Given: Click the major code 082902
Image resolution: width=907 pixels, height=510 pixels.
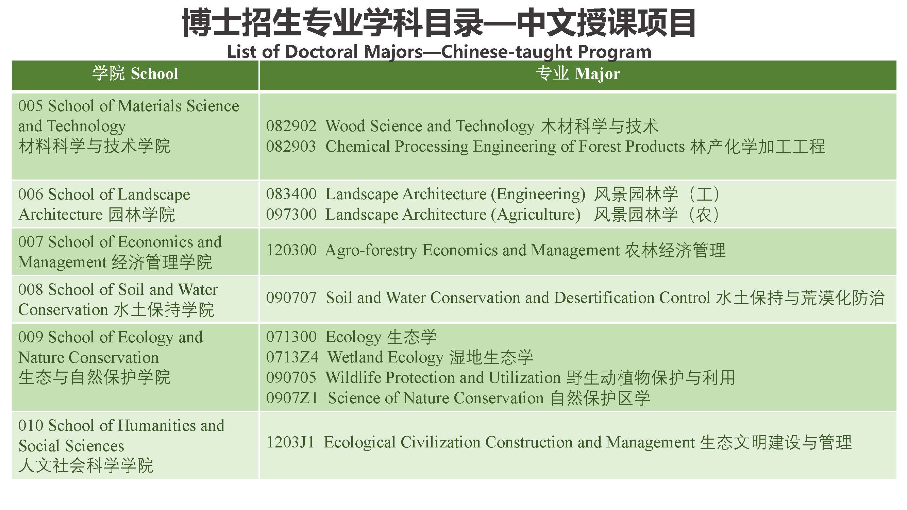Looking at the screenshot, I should pos(291,126).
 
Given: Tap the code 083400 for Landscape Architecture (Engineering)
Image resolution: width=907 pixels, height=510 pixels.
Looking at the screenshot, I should pos(291,194).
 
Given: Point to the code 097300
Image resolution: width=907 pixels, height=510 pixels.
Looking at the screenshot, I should pos(291,215).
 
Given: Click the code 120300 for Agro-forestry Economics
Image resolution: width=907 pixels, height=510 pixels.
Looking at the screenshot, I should pos(291,250).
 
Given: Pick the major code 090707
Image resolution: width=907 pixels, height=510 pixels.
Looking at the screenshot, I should pos(291,298).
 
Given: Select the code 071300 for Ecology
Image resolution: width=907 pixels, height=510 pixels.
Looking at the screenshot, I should pos(291,337).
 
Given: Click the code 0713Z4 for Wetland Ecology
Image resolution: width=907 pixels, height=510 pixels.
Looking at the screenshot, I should pos(292,357).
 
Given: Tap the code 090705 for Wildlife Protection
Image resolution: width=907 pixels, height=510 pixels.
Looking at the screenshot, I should pos(291,378).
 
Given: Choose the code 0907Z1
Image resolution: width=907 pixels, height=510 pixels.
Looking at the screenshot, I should pos(292,398).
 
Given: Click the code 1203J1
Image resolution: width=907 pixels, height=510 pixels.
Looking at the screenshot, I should pos(290,442).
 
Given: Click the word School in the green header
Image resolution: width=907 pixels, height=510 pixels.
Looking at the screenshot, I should pos(154,74).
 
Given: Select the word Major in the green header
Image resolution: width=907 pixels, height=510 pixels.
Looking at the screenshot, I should pos(597,74).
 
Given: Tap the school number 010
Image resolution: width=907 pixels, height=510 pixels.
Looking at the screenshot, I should pos(30,426).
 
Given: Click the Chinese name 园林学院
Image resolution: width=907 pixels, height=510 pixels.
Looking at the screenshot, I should pos(141,215).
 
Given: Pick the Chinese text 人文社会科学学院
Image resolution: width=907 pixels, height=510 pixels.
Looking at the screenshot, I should pos(86,466).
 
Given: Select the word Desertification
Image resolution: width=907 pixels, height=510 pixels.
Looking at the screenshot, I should pos(604,298).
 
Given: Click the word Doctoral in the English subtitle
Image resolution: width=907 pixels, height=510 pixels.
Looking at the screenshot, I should pos(322,52).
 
